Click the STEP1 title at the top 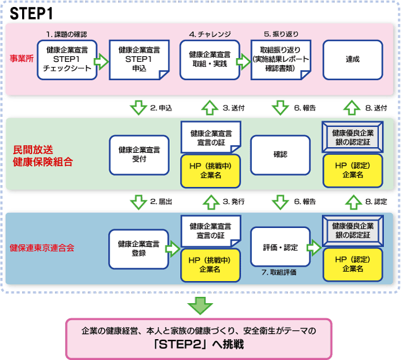31,13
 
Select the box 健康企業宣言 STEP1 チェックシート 67,60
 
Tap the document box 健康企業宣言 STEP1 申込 139,60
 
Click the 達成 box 352,60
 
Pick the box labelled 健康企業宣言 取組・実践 210,60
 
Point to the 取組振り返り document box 280,60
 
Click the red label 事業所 21,59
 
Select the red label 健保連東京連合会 42,248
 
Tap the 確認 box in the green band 280,155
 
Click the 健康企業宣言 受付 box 139,155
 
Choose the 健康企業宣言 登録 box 138,249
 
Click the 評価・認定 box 280,247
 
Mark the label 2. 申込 161,108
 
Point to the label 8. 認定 376,201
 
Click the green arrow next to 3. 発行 212,202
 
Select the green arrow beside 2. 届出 138,202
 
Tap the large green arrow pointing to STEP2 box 200,306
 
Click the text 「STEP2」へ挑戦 199,344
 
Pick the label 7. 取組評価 279,272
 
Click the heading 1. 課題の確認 66,34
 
